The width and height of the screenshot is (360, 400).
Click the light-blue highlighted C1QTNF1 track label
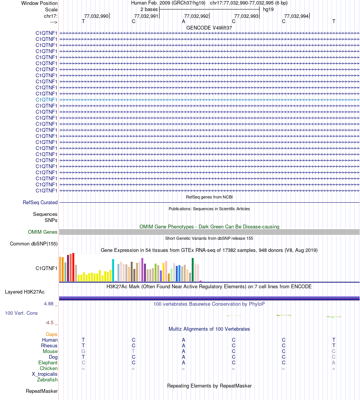click(x=47, y=100)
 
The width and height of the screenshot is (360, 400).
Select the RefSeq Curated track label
click(x=40, y=203)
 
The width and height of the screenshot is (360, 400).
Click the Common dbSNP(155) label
click(x=34, y=244)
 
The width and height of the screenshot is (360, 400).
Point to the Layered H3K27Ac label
click(x=25, y=292)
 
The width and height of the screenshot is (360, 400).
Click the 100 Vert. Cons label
click(x=21, y=313)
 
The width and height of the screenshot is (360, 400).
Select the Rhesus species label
click(x=49, y=345)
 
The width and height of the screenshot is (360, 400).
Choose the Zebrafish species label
click(x=47, y=380)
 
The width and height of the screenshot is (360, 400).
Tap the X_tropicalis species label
click(x=45, y=374)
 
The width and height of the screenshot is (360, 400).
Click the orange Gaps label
click(x=52, y=334)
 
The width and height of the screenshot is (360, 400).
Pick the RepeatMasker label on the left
click(x=42, y=391)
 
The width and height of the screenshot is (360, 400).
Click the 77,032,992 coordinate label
click(x=196, y=16)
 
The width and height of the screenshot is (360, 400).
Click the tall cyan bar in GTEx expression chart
click(x=113, y=270)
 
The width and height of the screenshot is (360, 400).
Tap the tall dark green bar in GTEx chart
click(x=193, y=269)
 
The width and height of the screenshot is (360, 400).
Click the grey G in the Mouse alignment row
click(x=83, y=351)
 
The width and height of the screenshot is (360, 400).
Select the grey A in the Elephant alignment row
click(x=333, y=362)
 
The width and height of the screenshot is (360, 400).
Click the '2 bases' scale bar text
click(x=149, y=9)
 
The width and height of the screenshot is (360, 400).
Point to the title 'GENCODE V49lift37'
click(x=209, y=28)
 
